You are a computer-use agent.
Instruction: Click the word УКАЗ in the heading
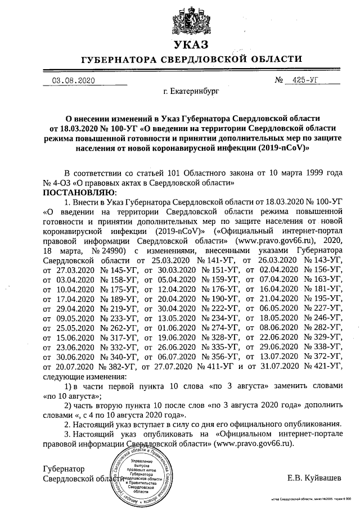click(191, 44)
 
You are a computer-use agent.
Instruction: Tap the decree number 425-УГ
click(306, 80)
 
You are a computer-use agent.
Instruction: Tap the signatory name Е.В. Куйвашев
click(313, 478)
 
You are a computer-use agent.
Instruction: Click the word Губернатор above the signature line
click(64, 468)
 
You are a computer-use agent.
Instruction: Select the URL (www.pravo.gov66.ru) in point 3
click(258, 443)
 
